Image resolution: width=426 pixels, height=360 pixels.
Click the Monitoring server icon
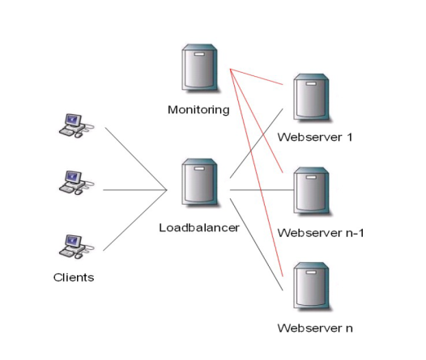pos(200,67)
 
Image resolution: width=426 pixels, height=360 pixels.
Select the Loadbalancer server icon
pos(200,182)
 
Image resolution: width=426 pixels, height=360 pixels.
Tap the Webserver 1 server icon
pos(312,97)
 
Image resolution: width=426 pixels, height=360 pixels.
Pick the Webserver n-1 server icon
pos(312,191)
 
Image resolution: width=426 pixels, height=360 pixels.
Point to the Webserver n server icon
pos(312,286)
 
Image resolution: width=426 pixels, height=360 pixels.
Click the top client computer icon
pos(76,125)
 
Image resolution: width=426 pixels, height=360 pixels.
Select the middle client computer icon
pos(76,183)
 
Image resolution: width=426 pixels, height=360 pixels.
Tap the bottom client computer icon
pos(76,247)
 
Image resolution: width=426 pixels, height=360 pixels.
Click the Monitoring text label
pos(198,110)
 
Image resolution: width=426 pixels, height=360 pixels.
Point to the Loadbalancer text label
pos(199,227)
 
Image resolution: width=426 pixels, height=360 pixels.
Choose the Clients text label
pos(74,277)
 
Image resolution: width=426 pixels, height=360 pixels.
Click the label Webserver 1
pos(315,137)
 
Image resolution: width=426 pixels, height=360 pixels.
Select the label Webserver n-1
pos(321,233)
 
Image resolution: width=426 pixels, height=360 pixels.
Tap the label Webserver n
pos(315,328)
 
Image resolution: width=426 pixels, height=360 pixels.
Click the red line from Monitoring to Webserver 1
pos(257,77)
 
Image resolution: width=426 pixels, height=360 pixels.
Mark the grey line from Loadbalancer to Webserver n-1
pos(262,190)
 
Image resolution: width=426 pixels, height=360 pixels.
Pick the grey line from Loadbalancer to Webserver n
pos(257,244)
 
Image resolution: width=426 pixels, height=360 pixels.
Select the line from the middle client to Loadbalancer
pos(135,190)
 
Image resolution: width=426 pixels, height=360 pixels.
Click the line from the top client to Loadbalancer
pos(136,159)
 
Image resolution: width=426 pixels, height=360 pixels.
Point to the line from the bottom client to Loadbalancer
pos(135,220)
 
